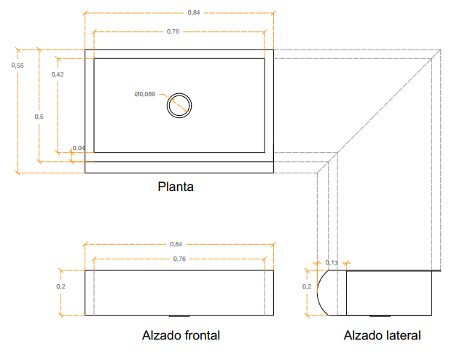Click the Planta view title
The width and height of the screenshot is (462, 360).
176,187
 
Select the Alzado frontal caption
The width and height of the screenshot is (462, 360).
181,335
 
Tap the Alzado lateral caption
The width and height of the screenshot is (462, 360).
382,335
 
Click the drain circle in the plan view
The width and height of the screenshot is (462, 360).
179,93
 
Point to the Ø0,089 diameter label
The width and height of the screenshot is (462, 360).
145,94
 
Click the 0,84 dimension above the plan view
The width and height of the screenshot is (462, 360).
194,12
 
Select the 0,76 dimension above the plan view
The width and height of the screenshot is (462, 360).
173,31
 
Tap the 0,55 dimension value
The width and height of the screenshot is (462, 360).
17,66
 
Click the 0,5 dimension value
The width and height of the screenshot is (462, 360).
39,117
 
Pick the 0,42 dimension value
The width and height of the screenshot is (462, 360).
58,74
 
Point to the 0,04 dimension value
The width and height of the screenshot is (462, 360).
79,148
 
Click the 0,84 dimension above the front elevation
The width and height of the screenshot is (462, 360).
176,244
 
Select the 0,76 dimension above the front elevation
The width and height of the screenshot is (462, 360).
179,259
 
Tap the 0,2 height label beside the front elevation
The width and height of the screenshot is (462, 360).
60,286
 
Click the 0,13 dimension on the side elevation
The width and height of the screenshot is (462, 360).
332,262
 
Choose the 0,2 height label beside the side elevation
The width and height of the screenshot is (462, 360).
307,286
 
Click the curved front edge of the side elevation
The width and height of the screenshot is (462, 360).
317,292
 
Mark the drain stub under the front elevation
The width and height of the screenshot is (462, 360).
179,316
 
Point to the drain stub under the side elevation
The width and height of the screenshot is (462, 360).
380,316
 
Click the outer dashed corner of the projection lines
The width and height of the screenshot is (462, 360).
440,50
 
